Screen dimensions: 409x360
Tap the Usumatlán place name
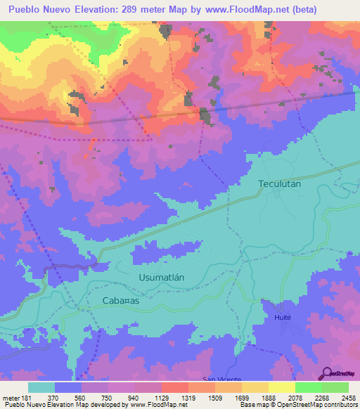(160, 277)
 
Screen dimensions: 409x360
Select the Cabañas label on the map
(121, 300)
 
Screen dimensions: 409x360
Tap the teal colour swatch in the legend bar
(41, 387)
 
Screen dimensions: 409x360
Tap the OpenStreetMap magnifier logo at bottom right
(328, 373)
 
